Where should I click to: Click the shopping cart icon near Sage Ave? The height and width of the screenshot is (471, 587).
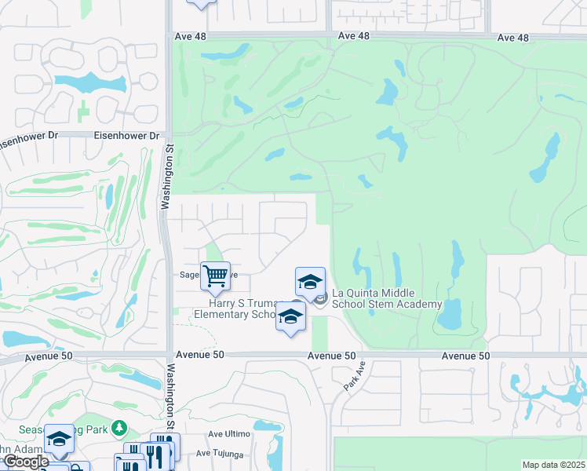point(215,276)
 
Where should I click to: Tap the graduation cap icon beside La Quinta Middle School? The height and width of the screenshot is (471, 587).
point(310,282)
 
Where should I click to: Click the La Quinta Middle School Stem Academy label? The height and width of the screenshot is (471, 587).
point(388,298)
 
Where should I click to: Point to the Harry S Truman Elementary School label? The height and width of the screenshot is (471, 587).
point(243,309)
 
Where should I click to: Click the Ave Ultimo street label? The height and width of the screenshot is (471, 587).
point(228,434)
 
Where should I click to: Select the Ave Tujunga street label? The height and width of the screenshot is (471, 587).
point(223,452)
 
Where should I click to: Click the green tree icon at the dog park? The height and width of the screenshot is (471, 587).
point(118,428)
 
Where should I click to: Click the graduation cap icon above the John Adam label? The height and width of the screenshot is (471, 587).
point(58,440)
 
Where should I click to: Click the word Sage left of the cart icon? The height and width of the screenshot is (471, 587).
point(190,276)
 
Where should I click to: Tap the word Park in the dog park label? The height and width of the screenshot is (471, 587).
point(97,428)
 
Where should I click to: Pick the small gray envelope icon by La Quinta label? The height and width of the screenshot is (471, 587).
point(320,297)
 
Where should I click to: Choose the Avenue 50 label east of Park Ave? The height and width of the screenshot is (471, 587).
point(465,356)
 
